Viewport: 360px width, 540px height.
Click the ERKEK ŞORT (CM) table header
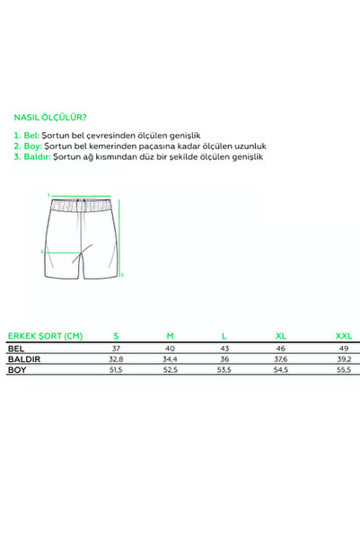click(x=45, y=335)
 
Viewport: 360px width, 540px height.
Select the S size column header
click(x=115, y=335)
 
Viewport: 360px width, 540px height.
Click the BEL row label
click(x=15, y=348)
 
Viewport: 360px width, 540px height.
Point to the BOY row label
click(x=17, y=369)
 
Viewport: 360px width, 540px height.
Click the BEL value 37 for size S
click(x=115, y=348)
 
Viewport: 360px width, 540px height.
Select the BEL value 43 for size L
click(x=225, y=348)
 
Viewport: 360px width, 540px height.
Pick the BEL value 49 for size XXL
click(x=344, y=348)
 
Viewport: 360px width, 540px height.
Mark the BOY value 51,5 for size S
click(x=115, y=369)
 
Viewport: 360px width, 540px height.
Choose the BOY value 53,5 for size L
click(x=225, y=369)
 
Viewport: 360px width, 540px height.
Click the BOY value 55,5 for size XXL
click(x=344, y=369)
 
